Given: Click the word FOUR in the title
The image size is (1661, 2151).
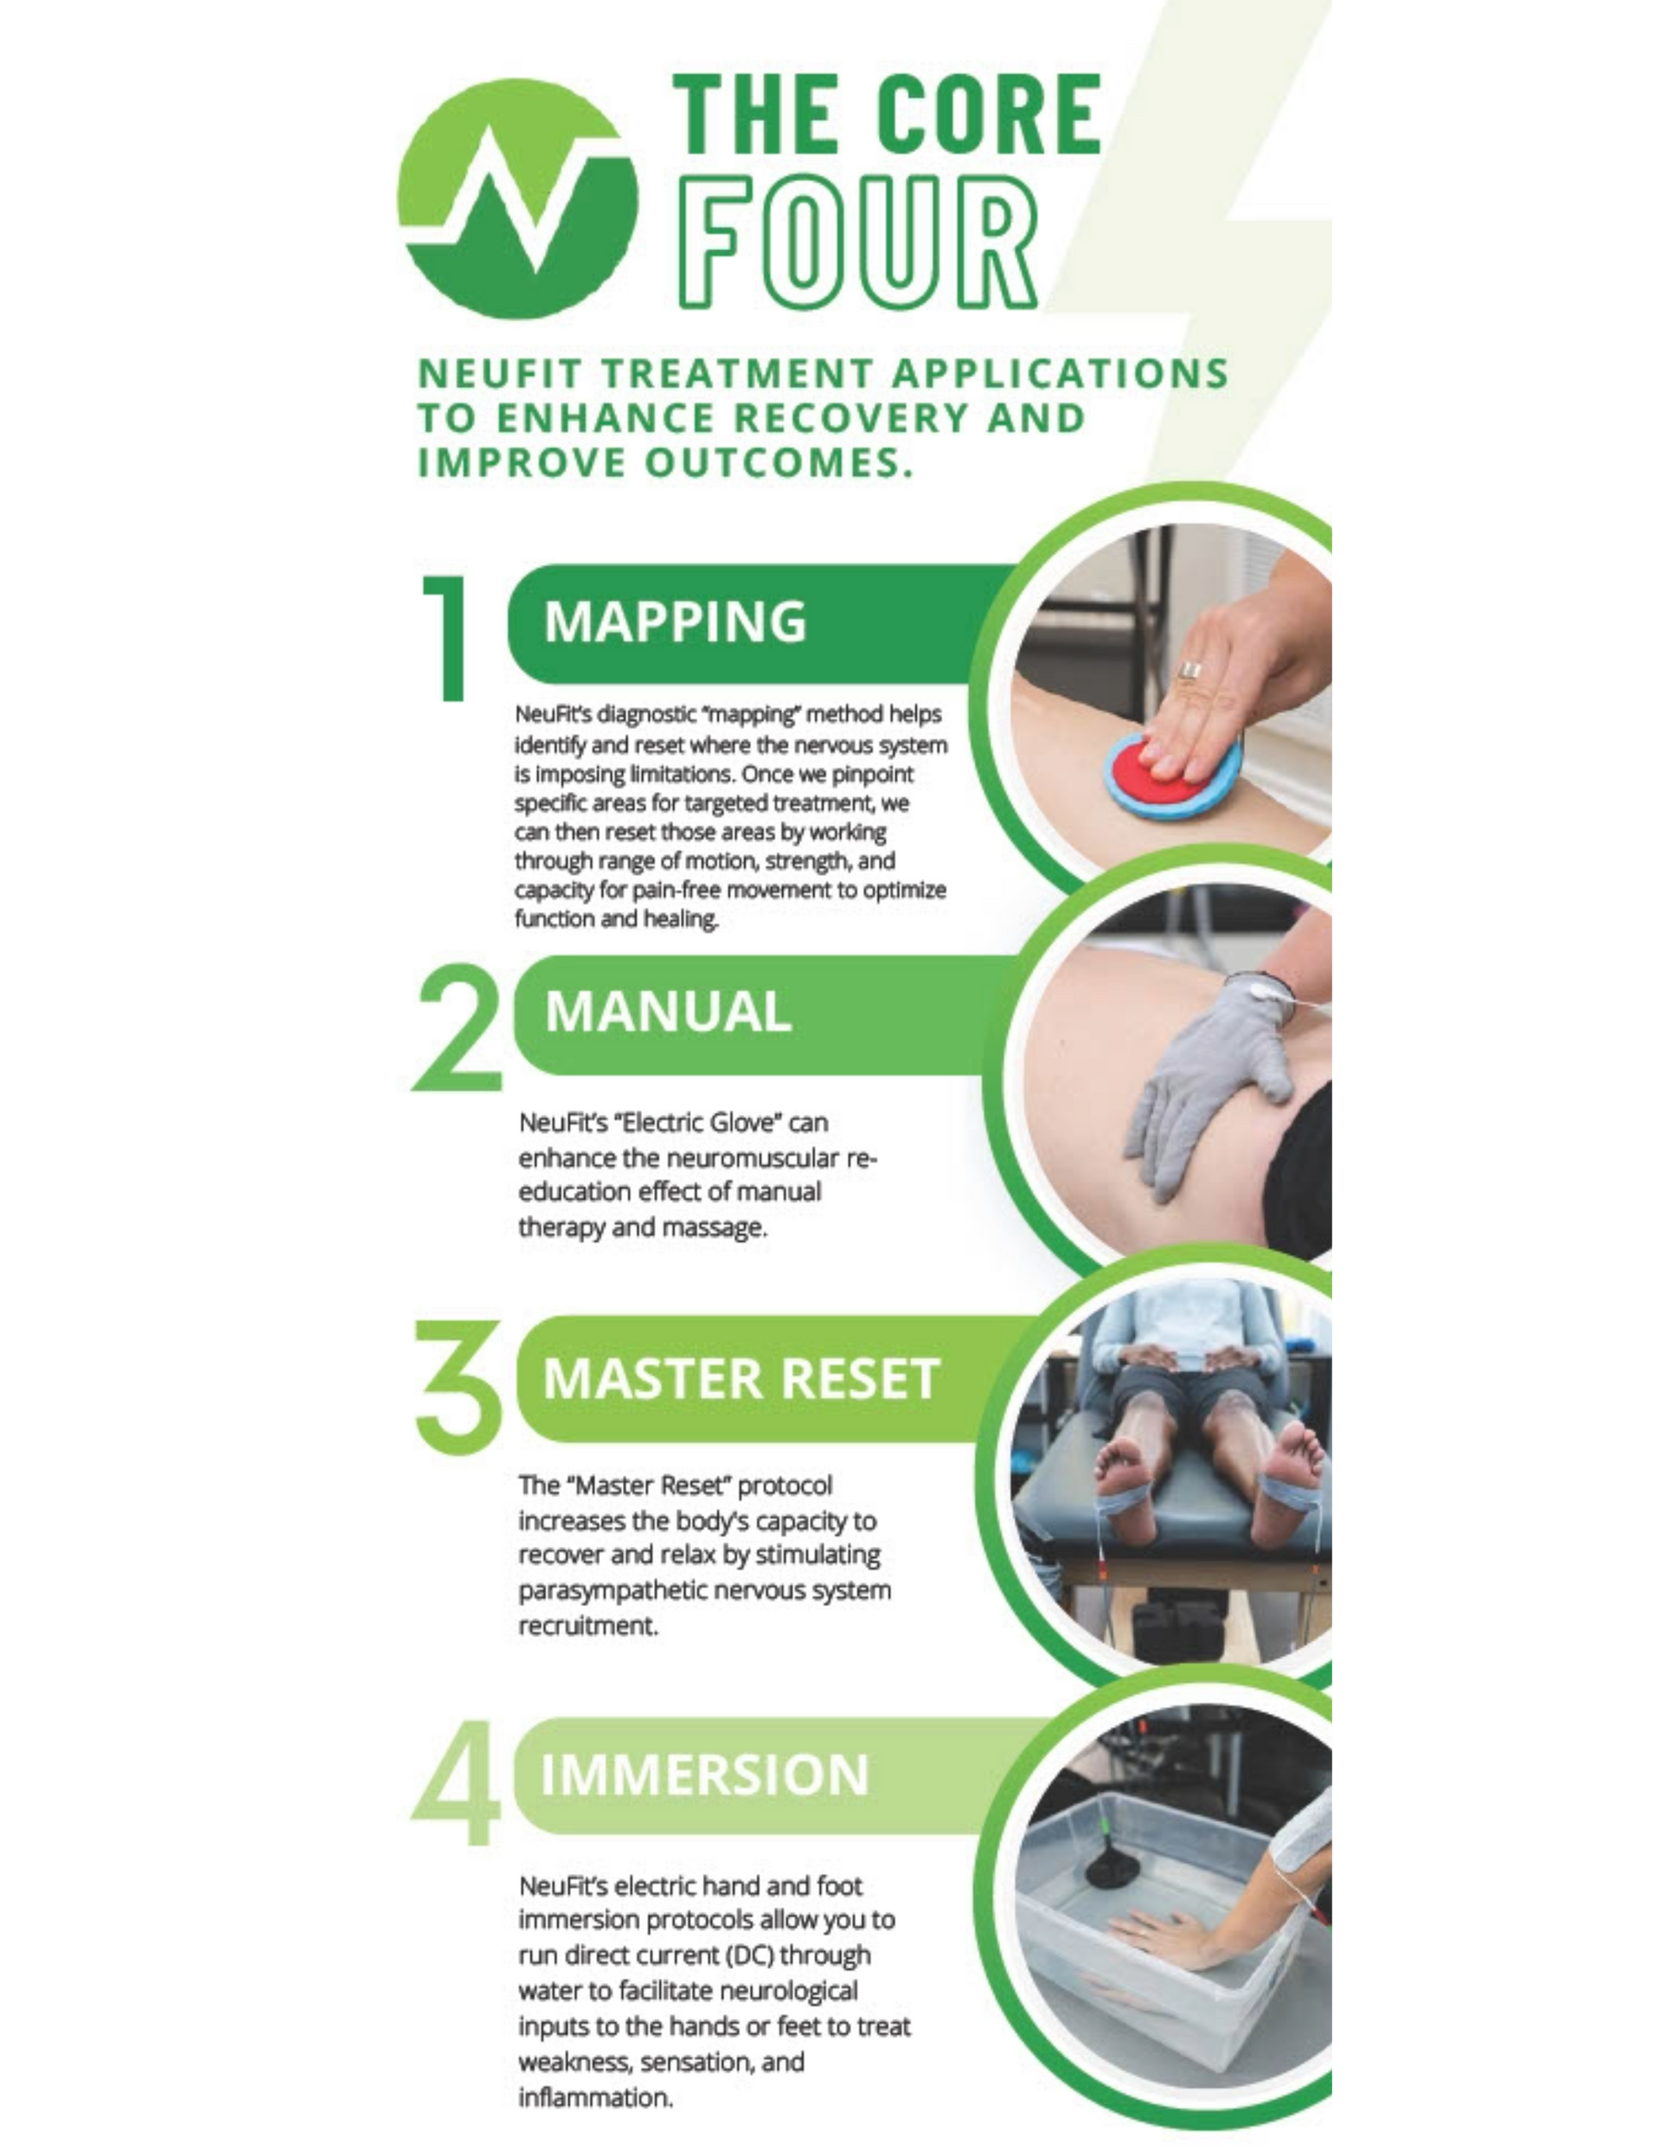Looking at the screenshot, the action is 855,242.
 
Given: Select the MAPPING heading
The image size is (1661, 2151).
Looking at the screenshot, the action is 676,622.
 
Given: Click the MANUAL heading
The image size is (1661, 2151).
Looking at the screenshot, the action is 669,1012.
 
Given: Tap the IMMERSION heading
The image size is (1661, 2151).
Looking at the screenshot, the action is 705,1774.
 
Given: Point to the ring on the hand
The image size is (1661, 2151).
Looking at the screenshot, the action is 1191,672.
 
